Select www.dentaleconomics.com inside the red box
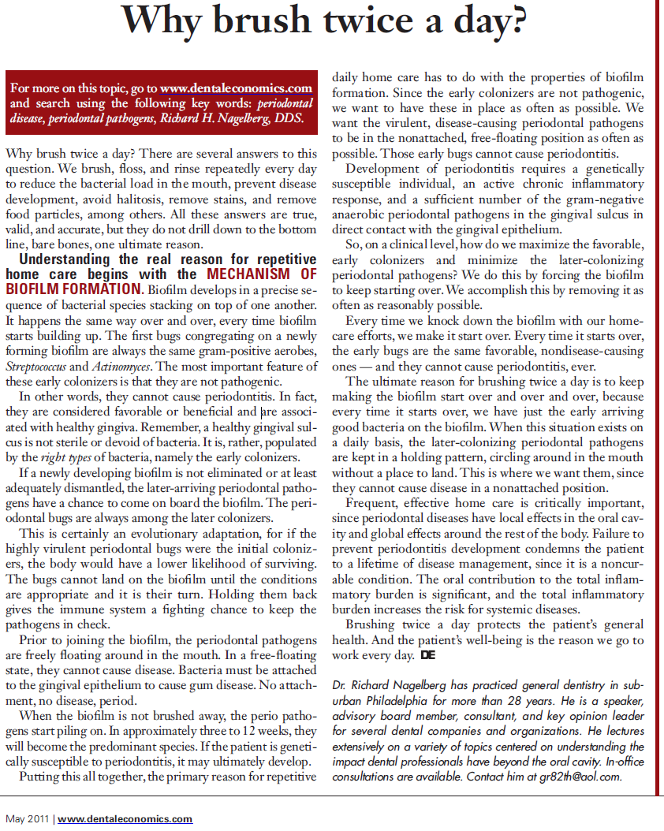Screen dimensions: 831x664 click(x=237, y=88)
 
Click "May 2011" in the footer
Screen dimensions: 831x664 click(x=27, y=819)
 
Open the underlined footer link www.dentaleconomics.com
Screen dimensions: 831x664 click(x=125, y=819)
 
